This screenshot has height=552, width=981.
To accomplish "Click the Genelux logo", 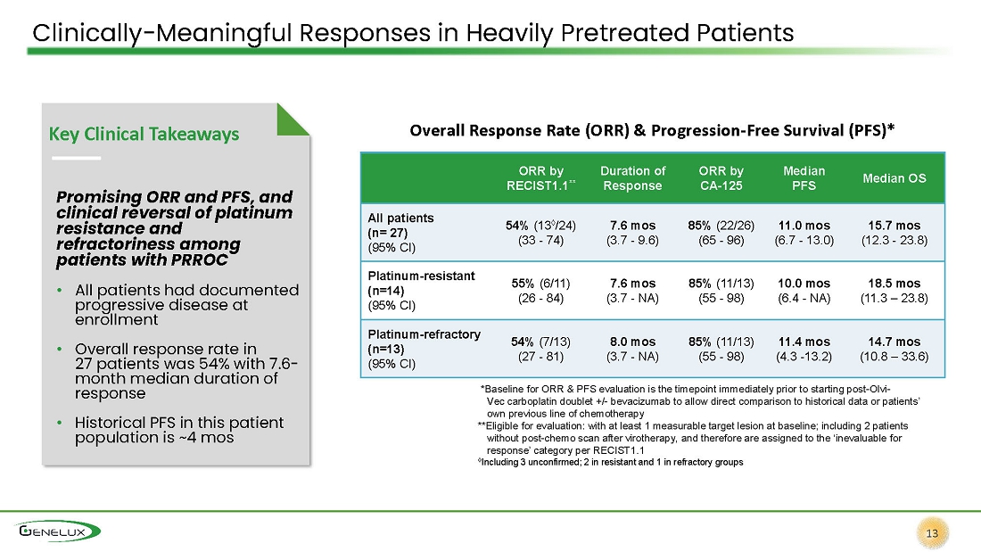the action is pos(58,531).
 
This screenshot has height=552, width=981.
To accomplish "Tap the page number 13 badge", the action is pos(932,533).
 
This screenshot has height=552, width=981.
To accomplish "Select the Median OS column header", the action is pos(894,178).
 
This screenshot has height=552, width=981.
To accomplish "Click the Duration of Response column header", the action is pos(632,178).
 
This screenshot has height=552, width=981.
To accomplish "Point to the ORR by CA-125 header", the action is pos(721,178).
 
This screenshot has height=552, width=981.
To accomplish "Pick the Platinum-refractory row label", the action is pos(424,349).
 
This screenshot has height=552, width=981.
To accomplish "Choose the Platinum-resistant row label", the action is pos(421,291).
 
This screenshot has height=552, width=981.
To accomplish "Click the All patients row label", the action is pos(400,232).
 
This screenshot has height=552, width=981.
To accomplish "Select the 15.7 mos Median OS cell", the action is pos(894,232).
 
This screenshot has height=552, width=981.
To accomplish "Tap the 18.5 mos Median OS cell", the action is pos(894,291).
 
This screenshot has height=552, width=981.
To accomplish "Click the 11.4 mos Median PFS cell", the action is pos(804,349).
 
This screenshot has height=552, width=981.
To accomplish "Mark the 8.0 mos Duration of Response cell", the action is pos(632,349).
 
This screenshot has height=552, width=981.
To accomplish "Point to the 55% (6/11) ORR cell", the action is pos(540,291).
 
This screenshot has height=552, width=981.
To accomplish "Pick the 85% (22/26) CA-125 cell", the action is pos(721,232).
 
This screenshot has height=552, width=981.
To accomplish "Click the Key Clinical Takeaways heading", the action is pos(144,134).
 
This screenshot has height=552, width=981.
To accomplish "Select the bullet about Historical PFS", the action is pos(179,430).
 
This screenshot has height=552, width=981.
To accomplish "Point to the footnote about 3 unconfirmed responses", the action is pos(611,462).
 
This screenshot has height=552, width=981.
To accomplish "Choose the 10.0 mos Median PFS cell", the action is pos(804,291).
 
